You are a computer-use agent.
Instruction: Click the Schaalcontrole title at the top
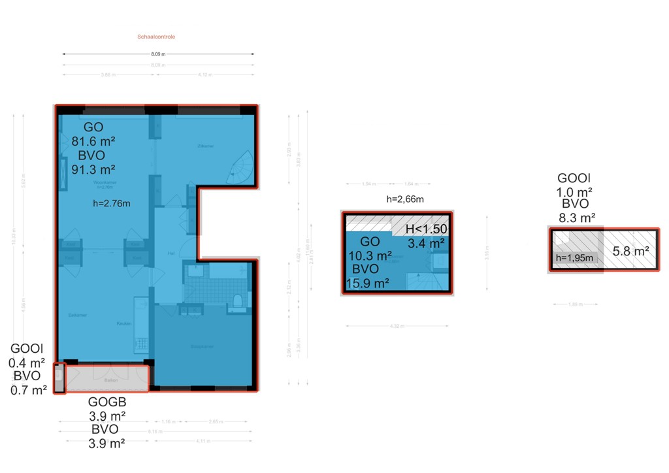156,37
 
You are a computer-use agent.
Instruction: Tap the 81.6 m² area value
93,140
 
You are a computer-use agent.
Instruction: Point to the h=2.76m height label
112,203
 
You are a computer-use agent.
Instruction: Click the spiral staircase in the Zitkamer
241,167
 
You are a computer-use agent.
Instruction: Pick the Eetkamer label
78,315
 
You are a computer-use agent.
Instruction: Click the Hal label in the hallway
171,253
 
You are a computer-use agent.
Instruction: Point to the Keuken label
124,323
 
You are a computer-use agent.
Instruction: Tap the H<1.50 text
426,229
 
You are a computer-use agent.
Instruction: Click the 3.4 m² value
426,244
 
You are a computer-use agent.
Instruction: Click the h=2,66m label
405,199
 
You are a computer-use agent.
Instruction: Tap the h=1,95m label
574,258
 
